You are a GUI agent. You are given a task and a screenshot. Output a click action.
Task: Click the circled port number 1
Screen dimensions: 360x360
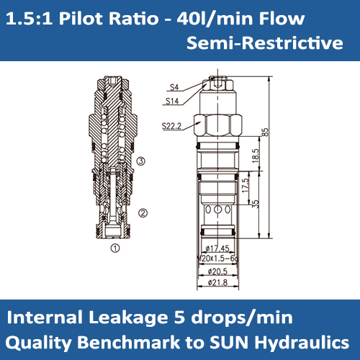click(x=115, y=248)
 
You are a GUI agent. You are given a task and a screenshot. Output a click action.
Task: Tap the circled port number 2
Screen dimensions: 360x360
click(x=143, y=213)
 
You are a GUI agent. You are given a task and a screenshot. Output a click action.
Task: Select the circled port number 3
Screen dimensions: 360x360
click(x=141, y=161)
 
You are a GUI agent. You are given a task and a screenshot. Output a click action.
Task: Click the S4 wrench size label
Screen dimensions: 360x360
click(x=174, y=87)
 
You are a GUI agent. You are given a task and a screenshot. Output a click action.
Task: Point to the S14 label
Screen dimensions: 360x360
click(x=172, y=101)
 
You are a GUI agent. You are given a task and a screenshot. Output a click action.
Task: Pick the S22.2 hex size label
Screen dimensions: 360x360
click(x=171, y=126)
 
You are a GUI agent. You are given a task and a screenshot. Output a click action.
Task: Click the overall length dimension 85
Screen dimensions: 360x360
click(x=266, y=132)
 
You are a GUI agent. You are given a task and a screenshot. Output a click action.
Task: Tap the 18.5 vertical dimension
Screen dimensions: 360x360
click(x=256, y=156)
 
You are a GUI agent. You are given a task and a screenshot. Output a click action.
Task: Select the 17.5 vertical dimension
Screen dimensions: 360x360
click(x=246, y=185)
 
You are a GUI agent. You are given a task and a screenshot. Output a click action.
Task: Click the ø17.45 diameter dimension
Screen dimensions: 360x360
click(x=217, y=248)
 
